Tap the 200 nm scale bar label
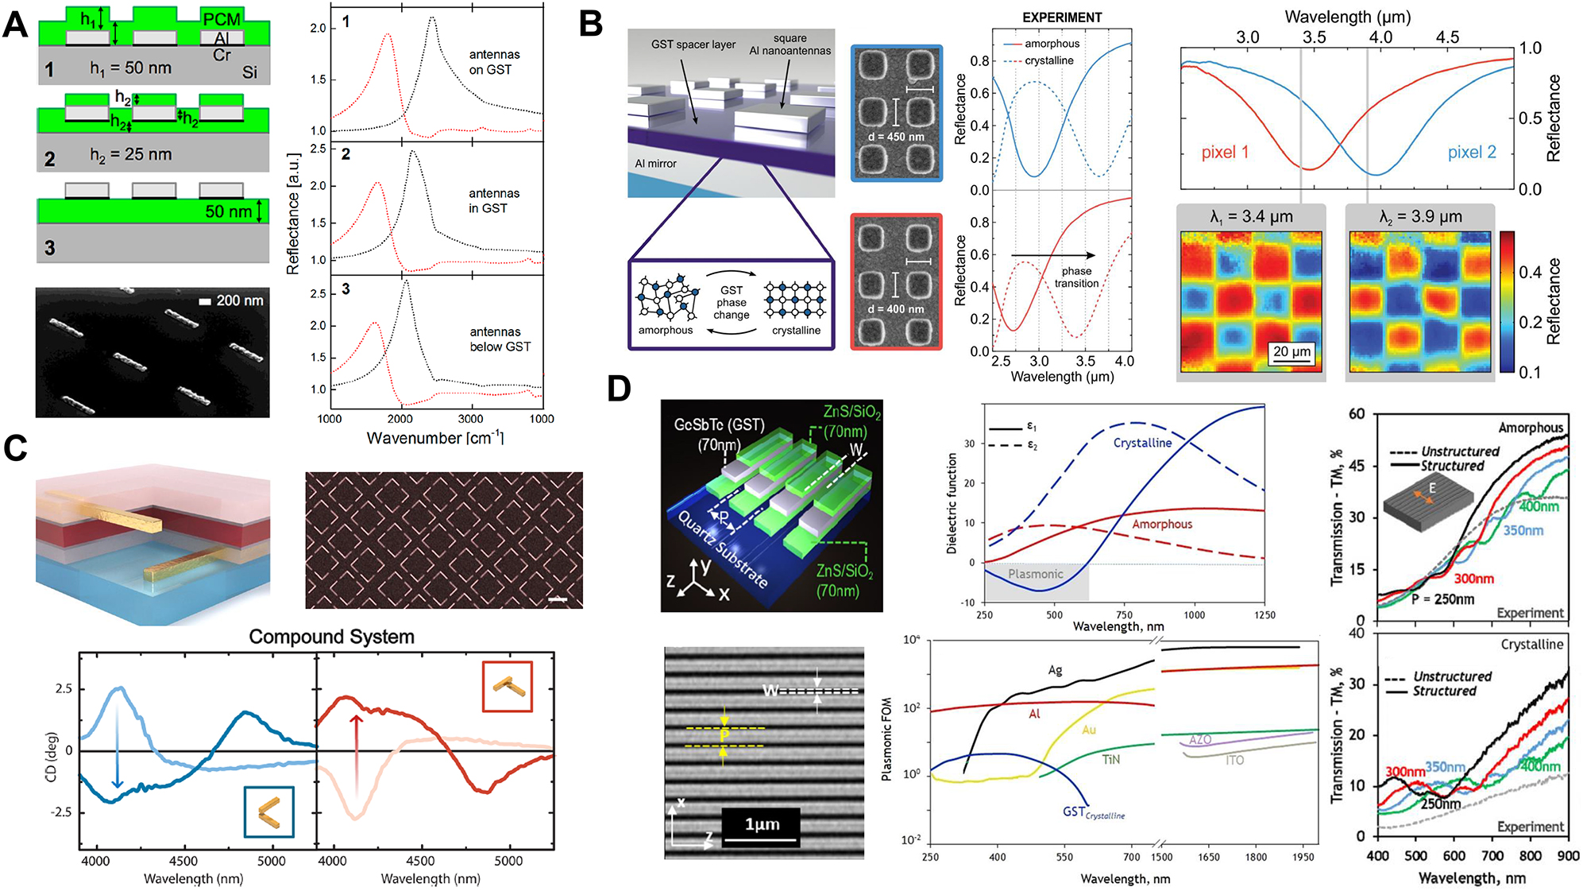coord(239,300)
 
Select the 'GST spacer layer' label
coord(693,45)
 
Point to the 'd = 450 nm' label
coord(896,137)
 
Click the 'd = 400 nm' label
coord(896,308)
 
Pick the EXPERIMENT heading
coord(1061,17)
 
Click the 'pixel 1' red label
coord(1224,153)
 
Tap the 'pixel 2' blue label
coord(1471,153)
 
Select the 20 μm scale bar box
coord(1291,353)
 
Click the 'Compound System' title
coord(331,637)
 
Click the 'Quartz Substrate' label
coord(722,549)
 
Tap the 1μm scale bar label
coord(761,824)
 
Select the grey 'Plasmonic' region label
coord(1035,574)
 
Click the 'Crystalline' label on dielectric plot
coord(1141,443)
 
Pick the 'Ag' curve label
coord(1054,670)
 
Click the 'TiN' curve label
coord(1110,760)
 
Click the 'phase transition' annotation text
coord(1076,277)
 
